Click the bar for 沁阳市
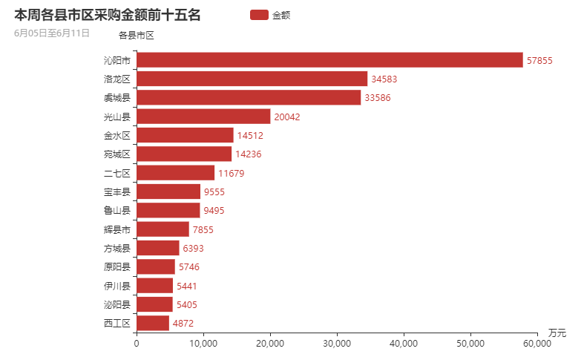[330, 60]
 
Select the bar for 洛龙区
[252, 79]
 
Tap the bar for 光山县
[204, 117]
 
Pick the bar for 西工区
[153, 323]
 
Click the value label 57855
[539, 61]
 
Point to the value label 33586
[377, 98]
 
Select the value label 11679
[231, 173]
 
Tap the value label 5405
[187, 304]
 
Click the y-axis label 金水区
[117, 135]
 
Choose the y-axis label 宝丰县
[117, 192]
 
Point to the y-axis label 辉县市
[117, 229]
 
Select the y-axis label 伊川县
[117, 286]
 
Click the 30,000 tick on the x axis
[337, 344]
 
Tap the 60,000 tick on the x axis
[537, 344]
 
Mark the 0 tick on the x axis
[137, 344]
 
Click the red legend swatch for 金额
[259, 15]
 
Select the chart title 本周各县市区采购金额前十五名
[108, 15]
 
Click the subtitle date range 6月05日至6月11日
[52, 33]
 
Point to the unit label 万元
[557, 333]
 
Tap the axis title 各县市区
[137, 35]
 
